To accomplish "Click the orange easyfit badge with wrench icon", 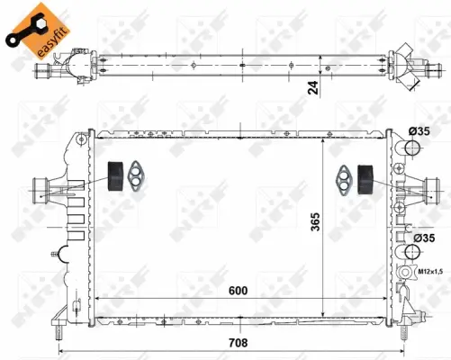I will (x=35, y=26).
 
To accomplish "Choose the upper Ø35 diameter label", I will (x=419, y=131).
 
